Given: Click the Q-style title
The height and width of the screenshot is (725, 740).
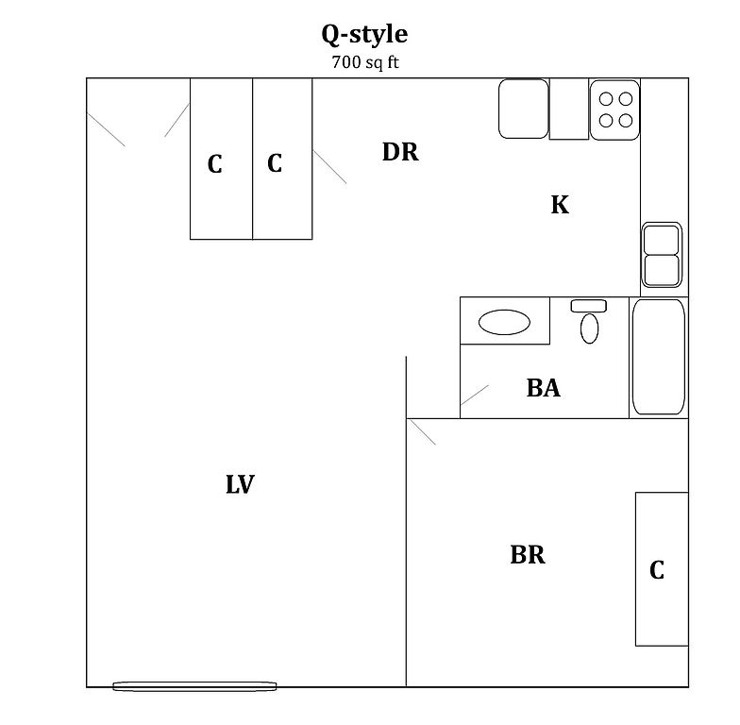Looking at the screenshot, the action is pyautogui.click(x=364, y=35).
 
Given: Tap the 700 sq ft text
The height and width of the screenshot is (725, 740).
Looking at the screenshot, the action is pyautogui.click(x=365, y=62).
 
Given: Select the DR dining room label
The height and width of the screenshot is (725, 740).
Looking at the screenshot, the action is pyautogui.click(x=400, y=152).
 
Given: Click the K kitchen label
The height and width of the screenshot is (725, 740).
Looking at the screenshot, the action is pyautogui.click(x=560, y=205).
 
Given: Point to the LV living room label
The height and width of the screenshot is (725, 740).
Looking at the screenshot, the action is pyautogui.click(x=240, y=484).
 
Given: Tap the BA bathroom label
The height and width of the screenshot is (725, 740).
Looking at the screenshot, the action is pyautogui.click(x=544, y=388).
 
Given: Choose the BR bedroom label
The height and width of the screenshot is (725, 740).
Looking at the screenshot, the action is pyautogui.click(x=528, y=555).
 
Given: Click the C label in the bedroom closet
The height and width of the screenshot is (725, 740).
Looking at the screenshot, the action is pyautogui.click(x=657, y=570).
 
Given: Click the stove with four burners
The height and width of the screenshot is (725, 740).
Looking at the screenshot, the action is pyautogui.click(x=615, y=110).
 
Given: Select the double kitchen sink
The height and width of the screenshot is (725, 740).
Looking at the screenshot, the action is pyautogui.click(x=662, y=255).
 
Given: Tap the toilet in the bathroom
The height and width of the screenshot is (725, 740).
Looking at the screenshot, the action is pyautogui.click(x=589, y=321).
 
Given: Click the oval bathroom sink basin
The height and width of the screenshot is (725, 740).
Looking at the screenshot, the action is pyautogui.click(x=504, y=322).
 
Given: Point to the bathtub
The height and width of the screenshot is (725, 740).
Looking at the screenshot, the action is pyautogui.click(x=659, y=357).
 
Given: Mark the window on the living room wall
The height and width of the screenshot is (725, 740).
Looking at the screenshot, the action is pyautogui.click(x=194, y=686).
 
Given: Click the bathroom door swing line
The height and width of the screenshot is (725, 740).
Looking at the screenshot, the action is pyautogui.click(x=474, y=395).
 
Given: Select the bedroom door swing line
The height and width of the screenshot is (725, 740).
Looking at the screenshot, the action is pyautogui.click(x=423, y=432).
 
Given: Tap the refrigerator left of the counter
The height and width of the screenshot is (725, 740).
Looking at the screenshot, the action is pyautogui.click(x=524, y=110).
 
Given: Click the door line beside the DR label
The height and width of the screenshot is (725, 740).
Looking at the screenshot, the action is pyautogui.click(x=329, y=166).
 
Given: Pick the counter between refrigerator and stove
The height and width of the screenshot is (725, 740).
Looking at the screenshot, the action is pyautogui.click(x=569, y=110).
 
